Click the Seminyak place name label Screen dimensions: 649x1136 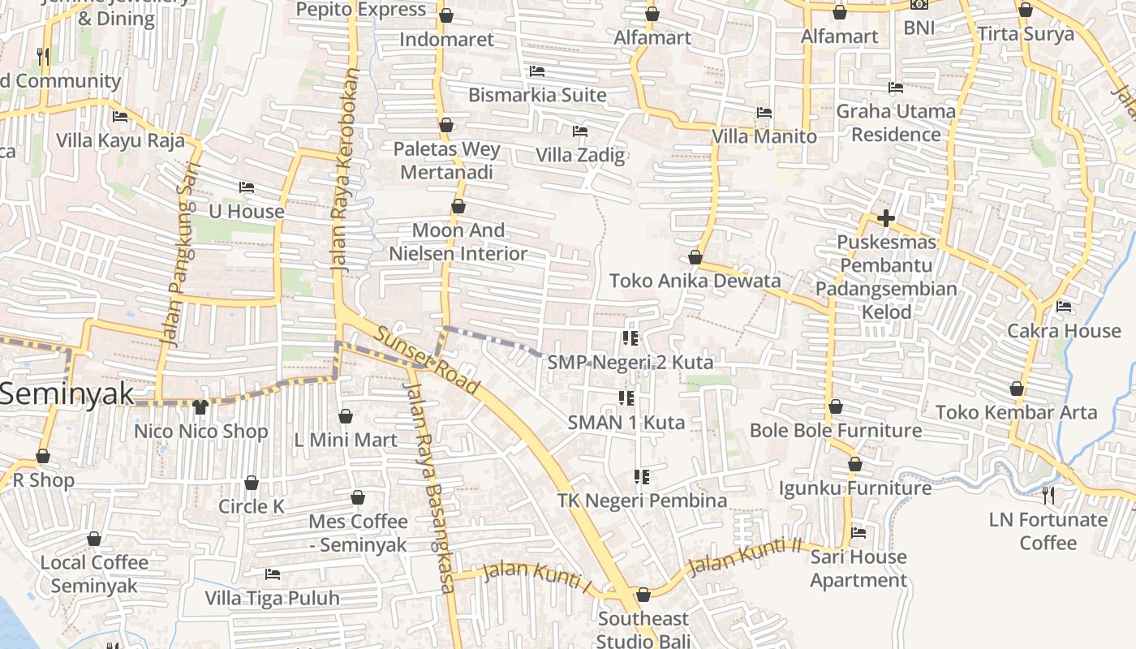click(67, 394)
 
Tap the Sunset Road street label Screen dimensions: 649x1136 click(428, 357)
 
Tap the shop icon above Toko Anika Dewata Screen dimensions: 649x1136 click(695, 257)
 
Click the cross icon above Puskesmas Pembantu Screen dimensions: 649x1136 click(886, 218)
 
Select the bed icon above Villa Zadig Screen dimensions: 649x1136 click(580, 131)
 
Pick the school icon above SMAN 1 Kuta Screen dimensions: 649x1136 click(626, 398)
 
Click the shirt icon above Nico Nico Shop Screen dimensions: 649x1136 click(200, 406)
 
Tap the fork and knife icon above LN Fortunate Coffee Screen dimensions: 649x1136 click(1048, 494)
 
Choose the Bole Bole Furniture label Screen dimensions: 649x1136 click(836, 430)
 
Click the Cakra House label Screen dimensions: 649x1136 click(1063, 331)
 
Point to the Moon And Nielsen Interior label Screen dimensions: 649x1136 click(458, 242)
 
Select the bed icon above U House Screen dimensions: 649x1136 click(247, 187)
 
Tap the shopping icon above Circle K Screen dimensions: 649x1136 click(252, 483)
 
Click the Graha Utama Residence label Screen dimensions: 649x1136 click(896, 122)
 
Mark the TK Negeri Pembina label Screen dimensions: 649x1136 click(642, 501)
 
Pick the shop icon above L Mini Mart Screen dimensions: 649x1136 click(346, 416)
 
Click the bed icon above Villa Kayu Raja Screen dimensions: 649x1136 click(120, 116)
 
